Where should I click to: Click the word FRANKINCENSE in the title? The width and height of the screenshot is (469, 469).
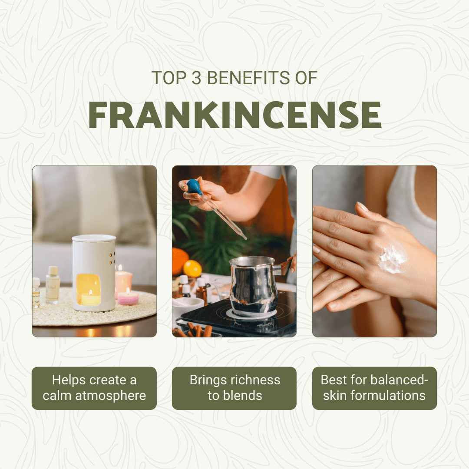[x=235, y=115]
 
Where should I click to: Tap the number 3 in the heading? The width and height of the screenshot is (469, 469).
[x=196, y=78]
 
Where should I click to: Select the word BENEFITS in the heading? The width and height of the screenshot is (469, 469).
[x=248, y=78]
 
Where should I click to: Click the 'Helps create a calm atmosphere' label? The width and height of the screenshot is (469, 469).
[x=94, y=388]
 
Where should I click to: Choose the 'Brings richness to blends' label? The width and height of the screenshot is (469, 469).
[x=234, y=388]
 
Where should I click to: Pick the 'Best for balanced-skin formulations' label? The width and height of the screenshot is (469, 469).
[x=374, y=388]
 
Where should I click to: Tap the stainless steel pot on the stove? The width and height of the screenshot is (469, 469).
[x=253, y=286]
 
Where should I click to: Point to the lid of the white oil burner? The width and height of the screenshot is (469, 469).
[x=94, y=238]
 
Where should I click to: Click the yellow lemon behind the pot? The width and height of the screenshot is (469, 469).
[x=192, y=268]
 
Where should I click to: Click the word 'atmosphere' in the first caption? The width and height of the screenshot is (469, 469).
[x=110, y=396]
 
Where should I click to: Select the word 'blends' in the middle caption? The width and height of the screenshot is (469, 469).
[x=243, y=396]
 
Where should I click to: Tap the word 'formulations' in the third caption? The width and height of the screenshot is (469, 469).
[x=388, y=396]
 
